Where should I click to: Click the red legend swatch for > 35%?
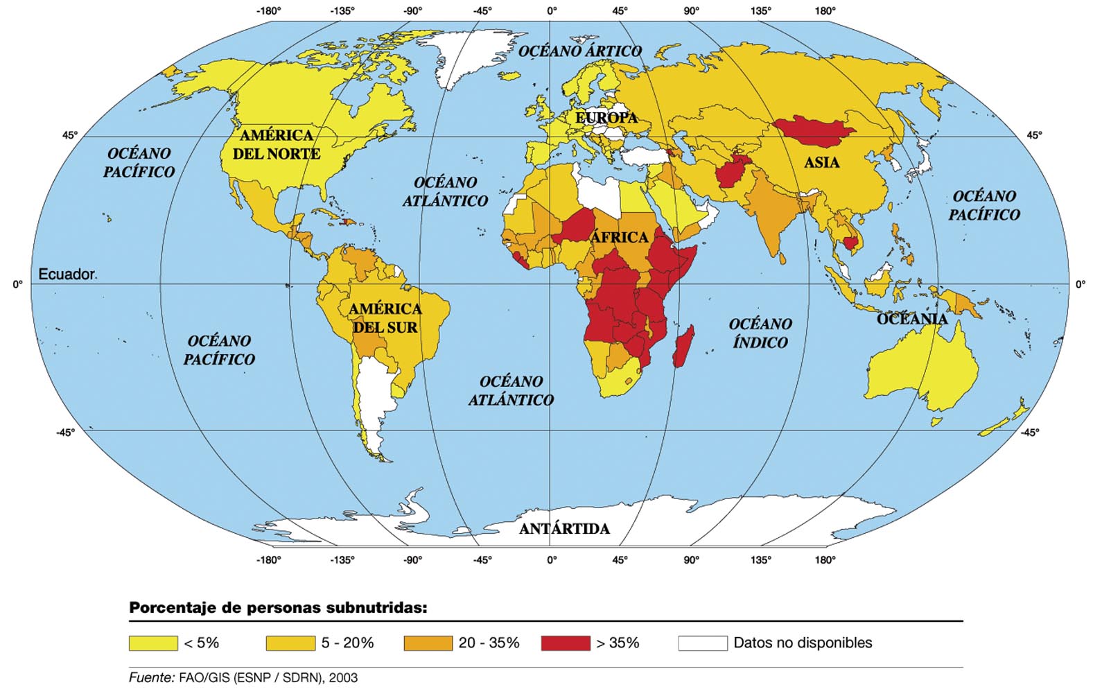pos(566,643)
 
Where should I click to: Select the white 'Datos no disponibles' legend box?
pos(703,643)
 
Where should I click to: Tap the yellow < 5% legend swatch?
pos(153,643)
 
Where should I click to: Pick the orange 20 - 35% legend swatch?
pos(428,643)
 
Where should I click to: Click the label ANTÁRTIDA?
pos(564,529)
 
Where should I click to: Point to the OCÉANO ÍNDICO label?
pos(760,333)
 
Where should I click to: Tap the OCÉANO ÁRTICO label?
pos(580,51)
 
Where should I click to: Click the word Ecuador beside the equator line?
pos(67,275)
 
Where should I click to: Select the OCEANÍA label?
pos(911,319)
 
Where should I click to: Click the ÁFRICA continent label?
pos(619,238)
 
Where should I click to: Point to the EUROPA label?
pos(606,118)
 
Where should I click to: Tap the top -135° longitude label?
pos(342,10)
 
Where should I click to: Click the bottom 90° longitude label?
pos(691,560)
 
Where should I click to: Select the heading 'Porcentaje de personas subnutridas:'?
pos(277,608)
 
